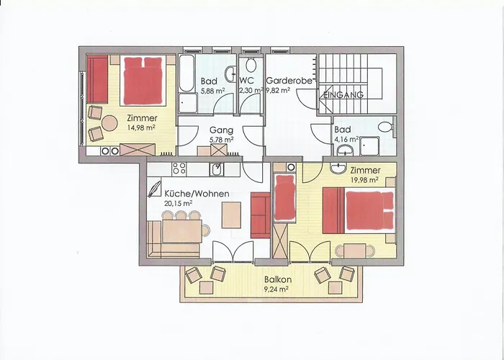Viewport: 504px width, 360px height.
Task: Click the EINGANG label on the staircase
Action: click(x=343, y=95)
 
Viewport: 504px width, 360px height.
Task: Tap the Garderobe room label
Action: click(x=289, y=81)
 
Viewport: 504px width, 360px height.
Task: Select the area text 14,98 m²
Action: click(x=141, y=127)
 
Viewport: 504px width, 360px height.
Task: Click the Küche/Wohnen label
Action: click(x=197, y=194)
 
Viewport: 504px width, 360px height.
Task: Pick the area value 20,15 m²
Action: click(x=178, y=204)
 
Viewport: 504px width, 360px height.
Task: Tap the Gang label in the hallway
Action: click(x=221, y=130)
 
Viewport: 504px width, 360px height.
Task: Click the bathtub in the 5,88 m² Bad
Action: click(x=186, y=73)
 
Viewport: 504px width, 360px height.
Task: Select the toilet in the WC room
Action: click(x=251, y=66)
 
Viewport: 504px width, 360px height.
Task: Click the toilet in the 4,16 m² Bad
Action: click(x=385, y=127)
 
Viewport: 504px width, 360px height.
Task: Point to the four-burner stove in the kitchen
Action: click(x=179, y=169)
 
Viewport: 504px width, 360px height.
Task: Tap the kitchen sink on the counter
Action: click(x=217, y=169)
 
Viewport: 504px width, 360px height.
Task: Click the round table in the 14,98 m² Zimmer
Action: click(x=109, y=123)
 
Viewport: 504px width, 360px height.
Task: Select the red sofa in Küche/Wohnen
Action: click(x=261, y=215)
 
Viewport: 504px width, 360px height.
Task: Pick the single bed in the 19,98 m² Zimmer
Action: click(x=285, y=198)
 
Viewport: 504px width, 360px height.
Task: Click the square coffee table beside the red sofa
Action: click(x=231, y=215)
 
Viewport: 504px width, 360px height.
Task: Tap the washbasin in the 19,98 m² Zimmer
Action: click(x=338, y=168)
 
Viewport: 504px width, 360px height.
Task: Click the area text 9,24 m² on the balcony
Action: click(x=276, y=289)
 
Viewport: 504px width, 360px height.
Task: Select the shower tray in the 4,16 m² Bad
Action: click(x=369, y=146)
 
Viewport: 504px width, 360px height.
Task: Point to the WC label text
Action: click(x=246, y=81)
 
